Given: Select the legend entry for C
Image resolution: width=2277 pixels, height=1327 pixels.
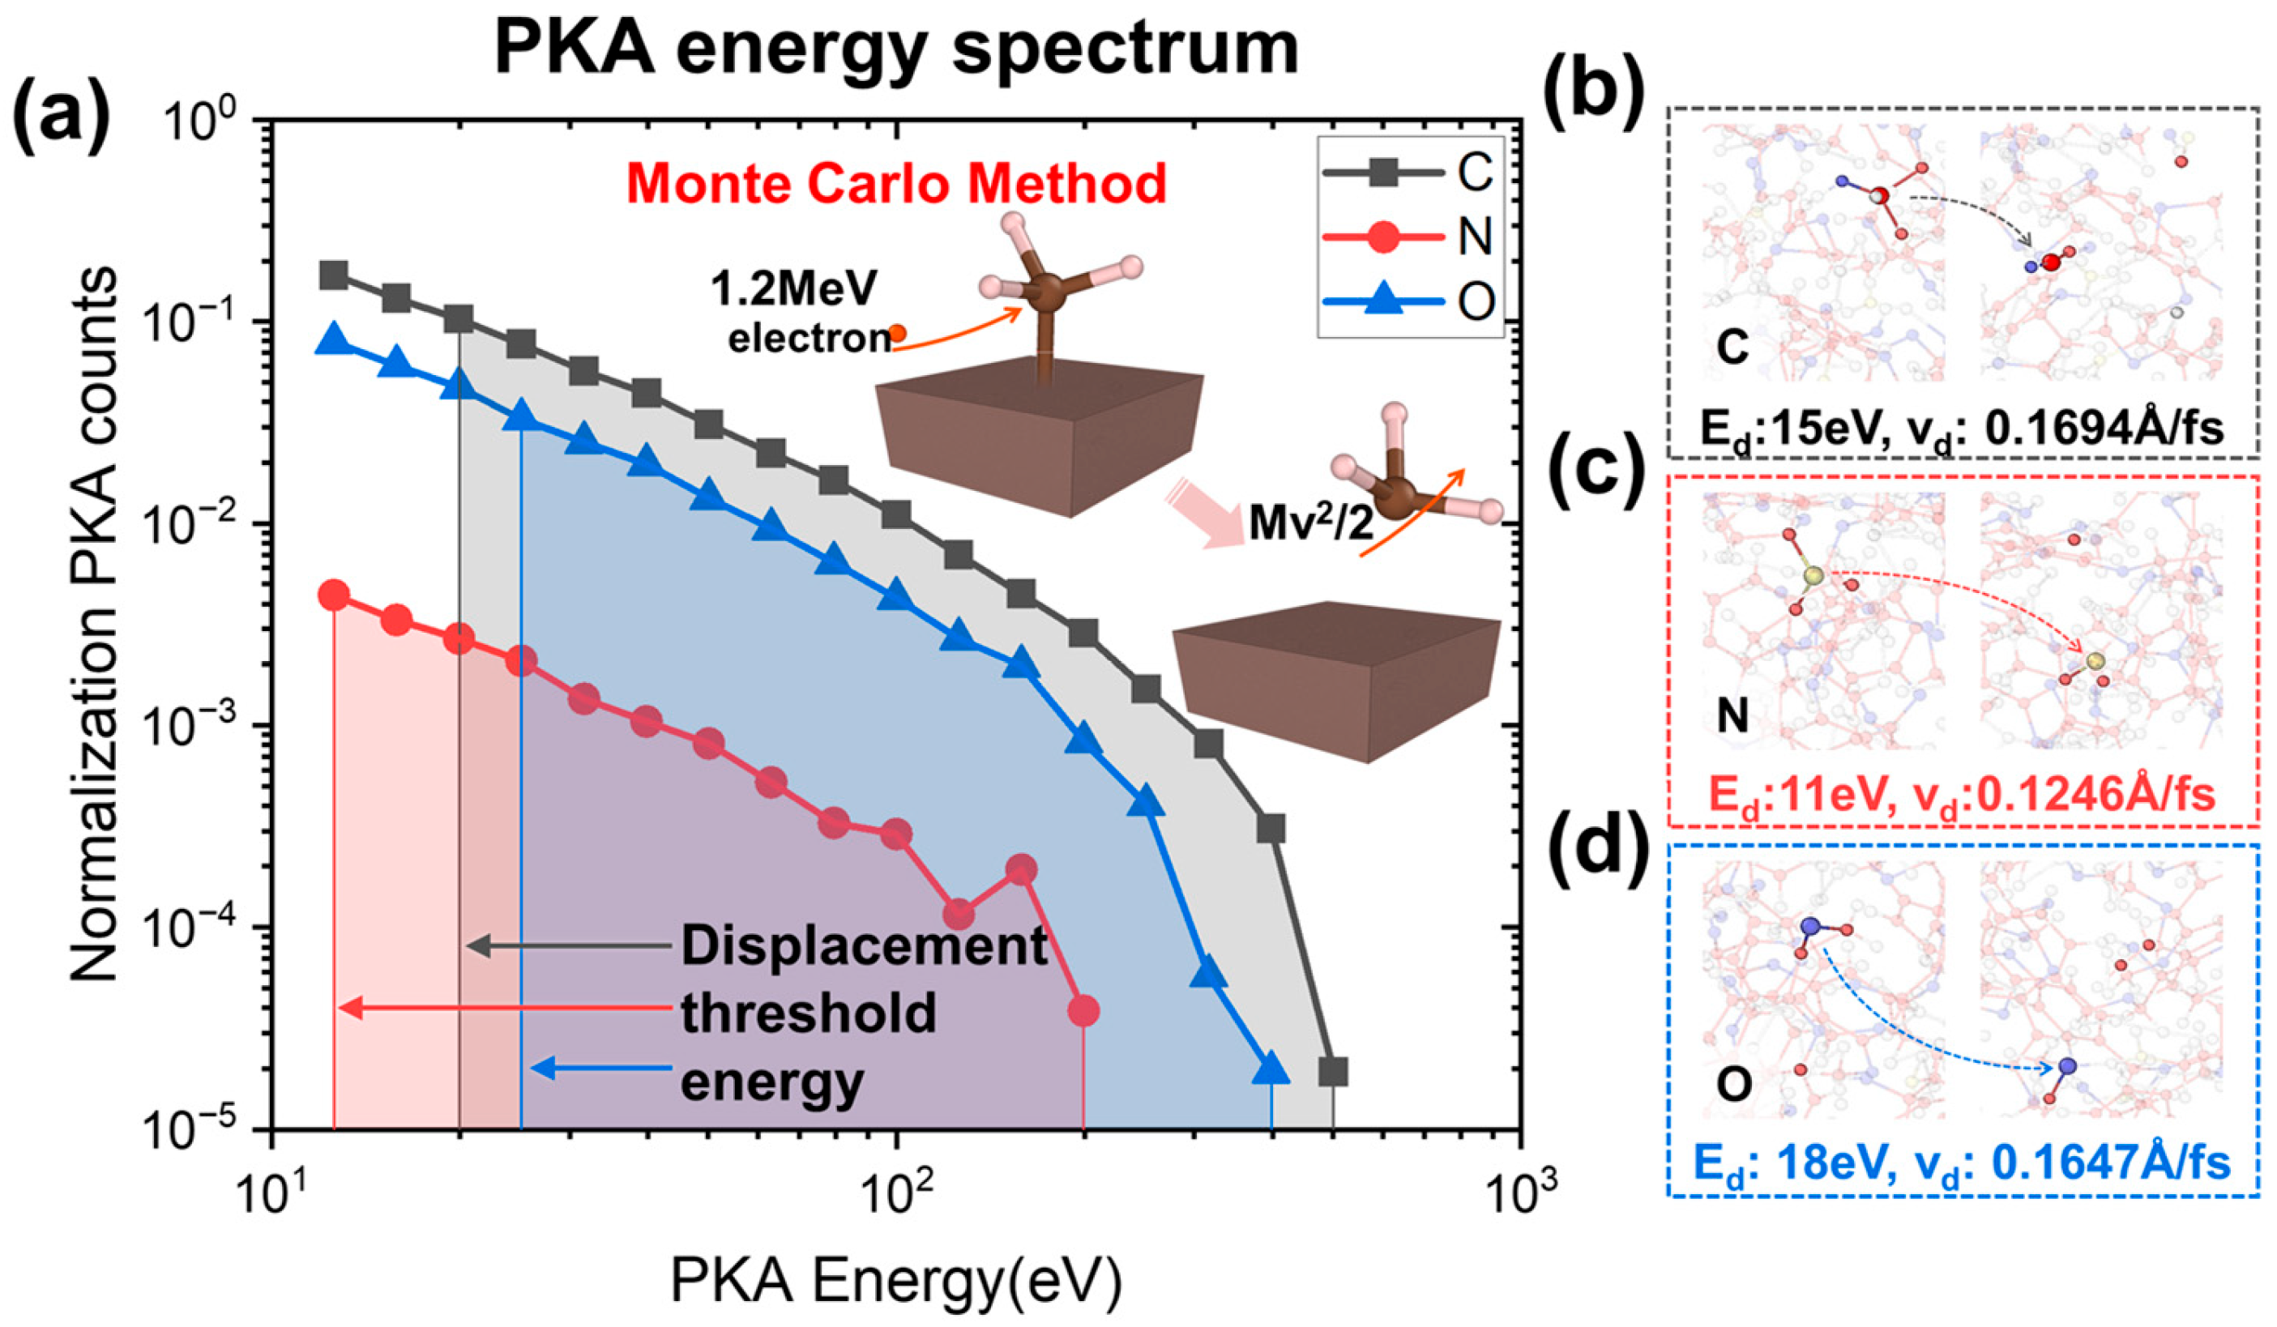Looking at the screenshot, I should click(1411, 172).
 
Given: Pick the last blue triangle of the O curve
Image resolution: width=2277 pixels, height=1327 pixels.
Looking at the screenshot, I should click(1271, 1069).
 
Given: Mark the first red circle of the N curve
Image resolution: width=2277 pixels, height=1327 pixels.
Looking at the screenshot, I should click(335, 595).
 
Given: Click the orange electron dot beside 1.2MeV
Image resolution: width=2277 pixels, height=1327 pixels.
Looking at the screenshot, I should click(896, 332).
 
